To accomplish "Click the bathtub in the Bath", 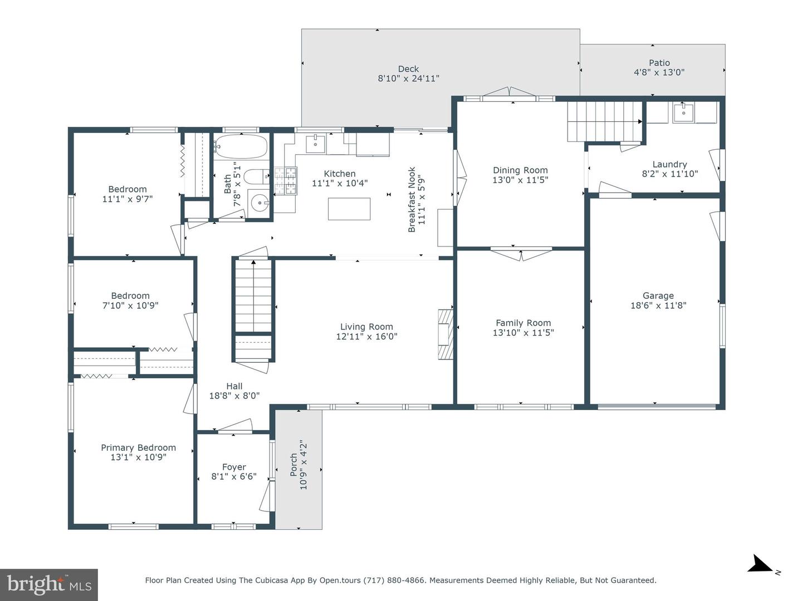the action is click(x=241, y=146).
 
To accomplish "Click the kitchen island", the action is click(x=349, y=209).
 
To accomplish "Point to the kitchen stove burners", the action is click(x=286, y=180).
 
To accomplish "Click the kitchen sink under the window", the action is click(x=315, y=143).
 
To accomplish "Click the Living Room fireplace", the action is click(x=446, y=334).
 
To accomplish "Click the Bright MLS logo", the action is click(x=49, y=584).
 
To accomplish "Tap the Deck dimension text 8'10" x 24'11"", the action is click(x=408, y=78).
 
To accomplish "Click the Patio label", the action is click(x=659, y=63).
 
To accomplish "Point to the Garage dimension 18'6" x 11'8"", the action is click(x=658, y=306).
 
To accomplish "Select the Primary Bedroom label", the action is click(x=138, y=448).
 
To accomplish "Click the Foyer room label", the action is click(x=234, y=467).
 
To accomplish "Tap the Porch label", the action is click(x=294, y=465).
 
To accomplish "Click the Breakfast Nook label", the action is click(x=412, y=200).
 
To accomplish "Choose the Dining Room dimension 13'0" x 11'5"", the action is click(x=520, y=180).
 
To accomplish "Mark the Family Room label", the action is click(x=523, y=323).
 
